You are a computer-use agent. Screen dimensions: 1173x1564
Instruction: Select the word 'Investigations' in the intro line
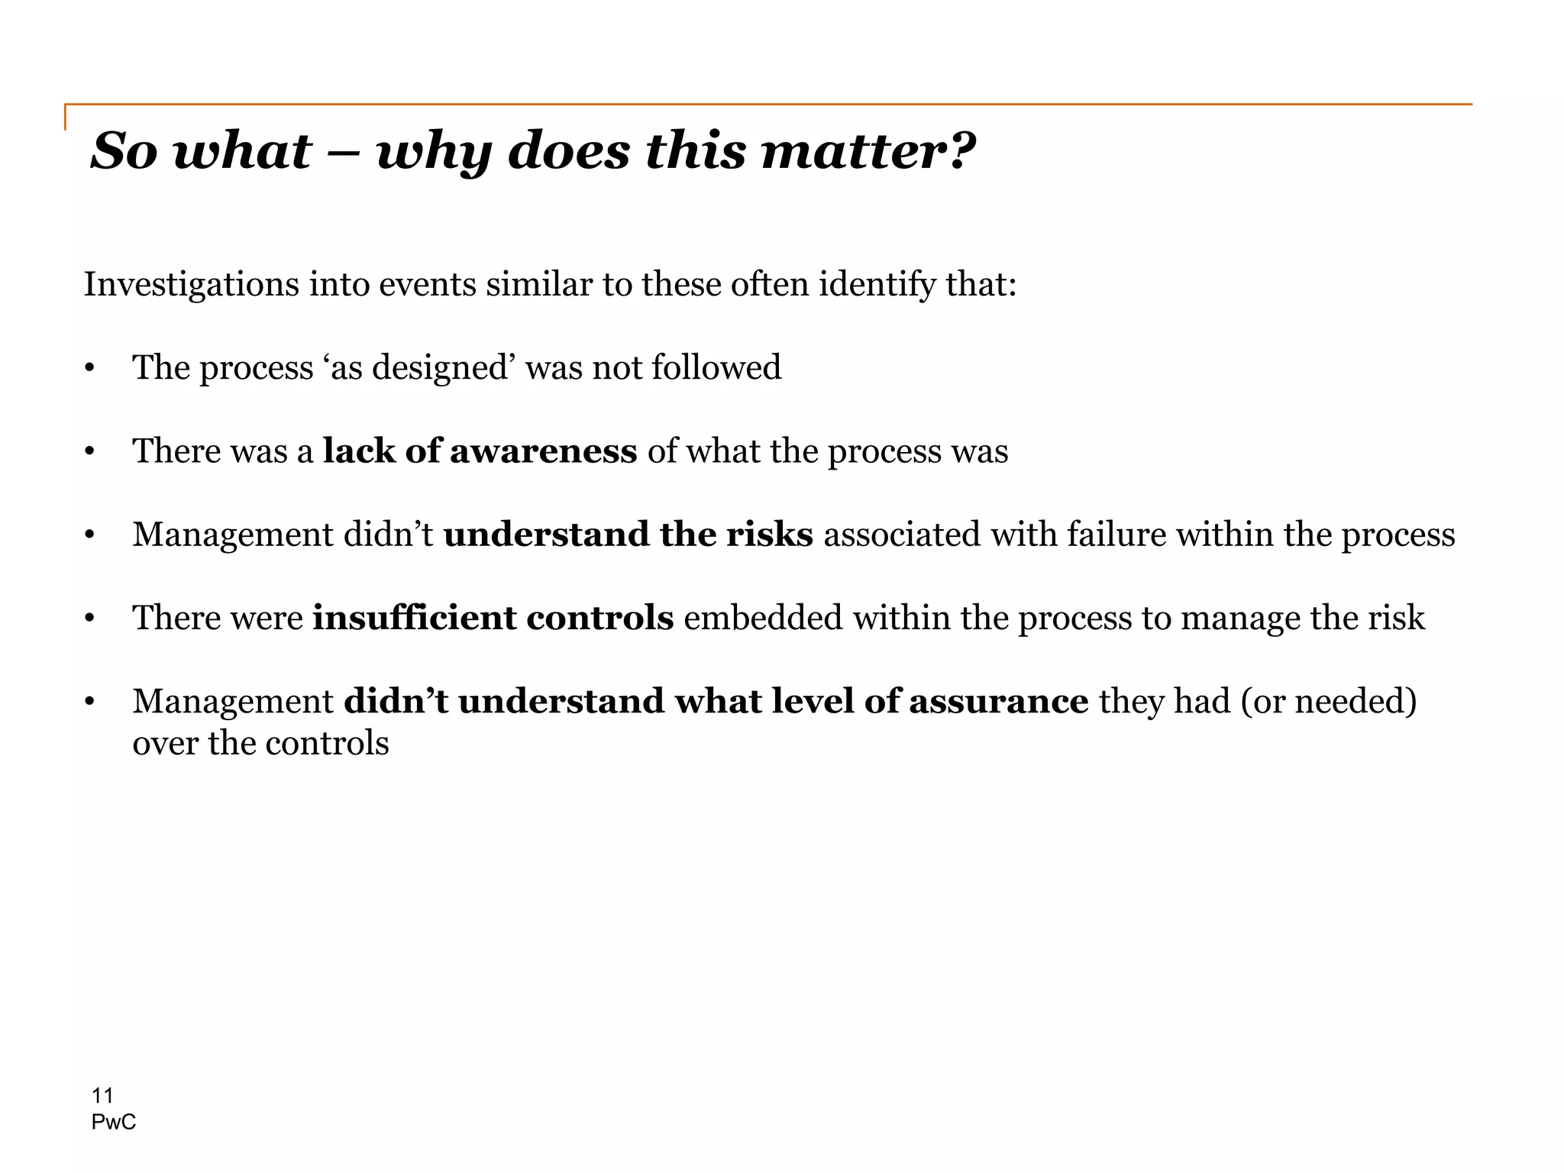pos(191,285)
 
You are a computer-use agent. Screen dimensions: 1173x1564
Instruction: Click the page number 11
pos(102,1096)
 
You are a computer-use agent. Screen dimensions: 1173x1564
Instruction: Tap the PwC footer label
pos(113,1122)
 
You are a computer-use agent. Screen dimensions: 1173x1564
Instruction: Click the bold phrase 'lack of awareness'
pos(480,451)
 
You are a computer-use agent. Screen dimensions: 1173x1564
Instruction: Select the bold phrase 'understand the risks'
pos(628,534)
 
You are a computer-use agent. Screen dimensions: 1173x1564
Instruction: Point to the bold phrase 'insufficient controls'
pos(493,617)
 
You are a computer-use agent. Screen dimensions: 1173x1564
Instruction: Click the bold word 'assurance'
pos(998,701)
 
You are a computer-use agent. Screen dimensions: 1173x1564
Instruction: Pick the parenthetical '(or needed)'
pos(1329,701)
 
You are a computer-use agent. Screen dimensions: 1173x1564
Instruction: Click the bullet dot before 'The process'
pos(89,369)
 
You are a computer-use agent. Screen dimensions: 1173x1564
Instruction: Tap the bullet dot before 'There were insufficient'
pos(89,619)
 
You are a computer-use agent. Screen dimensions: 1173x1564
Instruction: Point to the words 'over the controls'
pos(260,743)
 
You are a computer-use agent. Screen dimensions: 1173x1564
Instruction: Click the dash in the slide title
pos(344,153)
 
